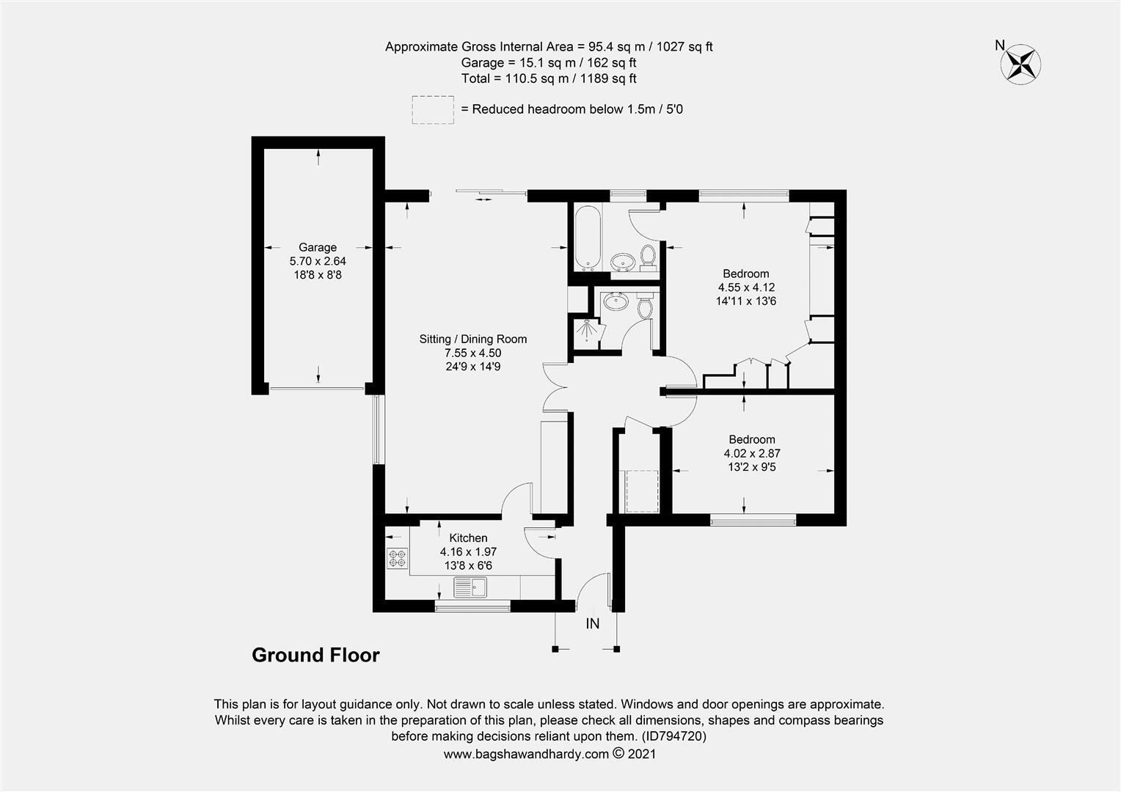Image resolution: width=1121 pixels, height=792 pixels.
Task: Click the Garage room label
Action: (317, 248)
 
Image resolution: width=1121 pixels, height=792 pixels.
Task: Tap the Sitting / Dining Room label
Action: (472, 339)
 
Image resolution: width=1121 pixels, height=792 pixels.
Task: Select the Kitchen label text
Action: (468, 538)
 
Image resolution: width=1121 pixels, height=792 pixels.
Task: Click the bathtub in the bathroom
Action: (588, 238)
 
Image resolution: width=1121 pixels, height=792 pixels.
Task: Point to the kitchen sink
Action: (470, 587)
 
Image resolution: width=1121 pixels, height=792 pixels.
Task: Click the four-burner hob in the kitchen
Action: (397, 559)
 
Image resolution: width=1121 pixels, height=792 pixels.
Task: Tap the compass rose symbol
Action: (1021, 63)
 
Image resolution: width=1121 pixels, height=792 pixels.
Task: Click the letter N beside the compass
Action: (999, 45)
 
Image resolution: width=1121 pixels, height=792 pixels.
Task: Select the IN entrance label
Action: (593, 624)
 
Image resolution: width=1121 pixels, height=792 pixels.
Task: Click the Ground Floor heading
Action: (315, 655)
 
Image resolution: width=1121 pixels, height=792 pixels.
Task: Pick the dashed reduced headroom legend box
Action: (433, 109)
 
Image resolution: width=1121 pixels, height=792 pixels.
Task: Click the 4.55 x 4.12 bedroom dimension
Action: (746, 287)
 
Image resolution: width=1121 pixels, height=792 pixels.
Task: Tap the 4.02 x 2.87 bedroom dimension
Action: (751, 453)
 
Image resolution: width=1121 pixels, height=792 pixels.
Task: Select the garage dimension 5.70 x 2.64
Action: (317, 261)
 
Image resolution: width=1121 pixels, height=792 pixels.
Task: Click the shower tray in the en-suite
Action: (588, 332)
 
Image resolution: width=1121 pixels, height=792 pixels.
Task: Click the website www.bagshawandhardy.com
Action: (526, 754)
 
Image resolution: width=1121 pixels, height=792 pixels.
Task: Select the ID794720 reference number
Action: (674, 736)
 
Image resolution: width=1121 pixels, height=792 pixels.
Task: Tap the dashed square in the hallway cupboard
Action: (641, 491)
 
